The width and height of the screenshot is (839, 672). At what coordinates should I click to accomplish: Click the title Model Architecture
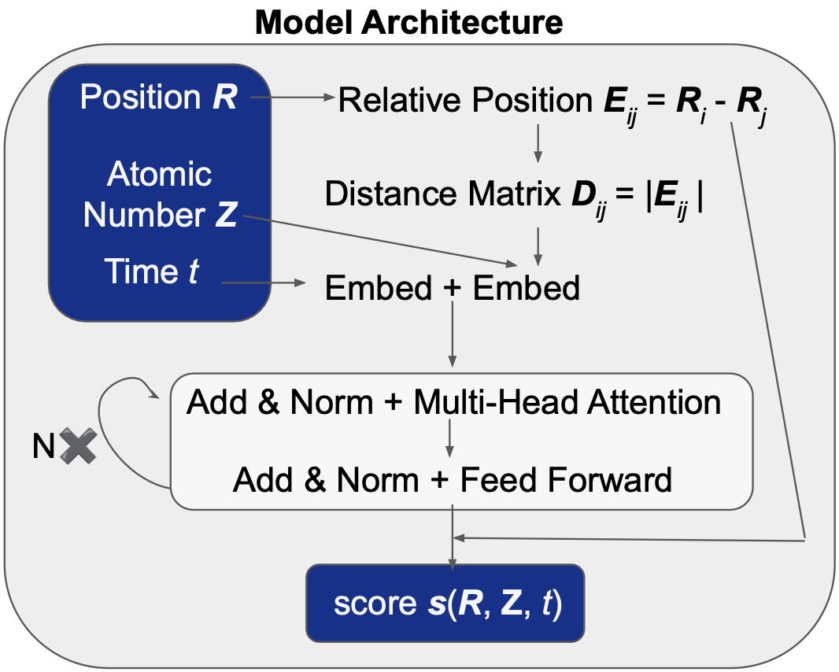tap(408, 23)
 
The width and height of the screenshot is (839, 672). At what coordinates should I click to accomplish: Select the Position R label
tap(158, 97)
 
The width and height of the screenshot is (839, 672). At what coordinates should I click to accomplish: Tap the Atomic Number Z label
tap(160, 194)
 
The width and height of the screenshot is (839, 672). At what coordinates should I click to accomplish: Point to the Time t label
tap(151, 271)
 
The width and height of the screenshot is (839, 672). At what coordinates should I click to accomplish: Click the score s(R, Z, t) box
tap(445, 603)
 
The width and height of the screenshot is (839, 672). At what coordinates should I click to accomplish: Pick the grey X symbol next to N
tap(78, 445)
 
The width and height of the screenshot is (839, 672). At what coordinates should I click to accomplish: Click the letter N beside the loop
tap(43, 445)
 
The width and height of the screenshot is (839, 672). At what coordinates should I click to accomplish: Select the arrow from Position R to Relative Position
tap(293, 98)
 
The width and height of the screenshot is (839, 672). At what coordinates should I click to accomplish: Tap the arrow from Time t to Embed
tap(263, 282)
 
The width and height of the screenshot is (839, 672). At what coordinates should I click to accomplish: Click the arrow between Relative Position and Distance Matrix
tap(538, 143)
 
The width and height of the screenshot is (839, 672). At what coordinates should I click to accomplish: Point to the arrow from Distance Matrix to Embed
tap(538, 246)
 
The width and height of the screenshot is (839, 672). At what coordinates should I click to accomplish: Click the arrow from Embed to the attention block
tap(453, 334)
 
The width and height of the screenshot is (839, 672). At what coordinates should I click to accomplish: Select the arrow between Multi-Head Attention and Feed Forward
tap(450, 438)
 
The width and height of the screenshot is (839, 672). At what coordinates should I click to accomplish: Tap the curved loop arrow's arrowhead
tap(153, 391)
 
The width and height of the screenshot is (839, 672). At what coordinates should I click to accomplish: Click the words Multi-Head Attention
tap(567, 402)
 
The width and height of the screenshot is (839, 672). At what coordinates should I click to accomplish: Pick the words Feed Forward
tap(566, 479)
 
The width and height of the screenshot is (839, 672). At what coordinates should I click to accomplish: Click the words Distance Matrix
tap(443, 193)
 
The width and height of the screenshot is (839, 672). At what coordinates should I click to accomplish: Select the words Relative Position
tap(465, 100)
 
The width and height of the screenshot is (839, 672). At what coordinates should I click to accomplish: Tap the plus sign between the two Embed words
tap(452, 288)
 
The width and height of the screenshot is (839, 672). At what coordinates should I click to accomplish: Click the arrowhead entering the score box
tap(453, 564)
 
